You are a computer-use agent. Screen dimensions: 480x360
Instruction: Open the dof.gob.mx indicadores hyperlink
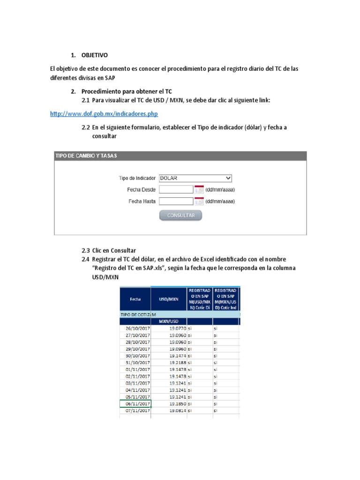104,114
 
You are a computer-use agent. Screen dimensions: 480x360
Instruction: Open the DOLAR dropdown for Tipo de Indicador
195,178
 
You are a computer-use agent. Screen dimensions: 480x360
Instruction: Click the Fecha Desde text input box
176,190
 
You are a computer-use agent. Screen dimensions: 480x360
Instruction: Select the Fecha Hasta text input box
176,202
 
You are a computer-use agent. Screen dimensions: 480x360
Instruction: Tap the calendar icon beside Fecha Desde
199,190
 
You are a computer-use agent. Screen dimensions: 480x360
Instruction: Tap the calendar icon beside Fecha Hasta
199,202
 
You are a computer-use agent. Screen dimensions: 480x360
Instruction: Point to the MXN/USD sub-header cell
169,322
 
